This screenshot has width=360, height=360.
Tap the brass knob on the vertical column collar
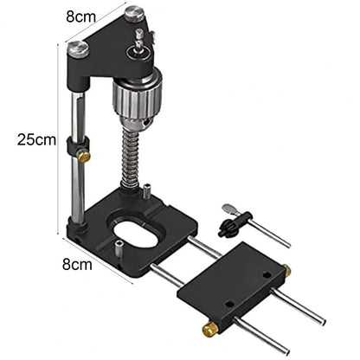[83, 157]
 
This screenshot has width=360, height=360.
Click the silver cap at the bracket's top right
[132, 14]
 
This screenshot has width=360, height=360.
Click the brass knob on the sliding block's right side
[286, 271]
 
